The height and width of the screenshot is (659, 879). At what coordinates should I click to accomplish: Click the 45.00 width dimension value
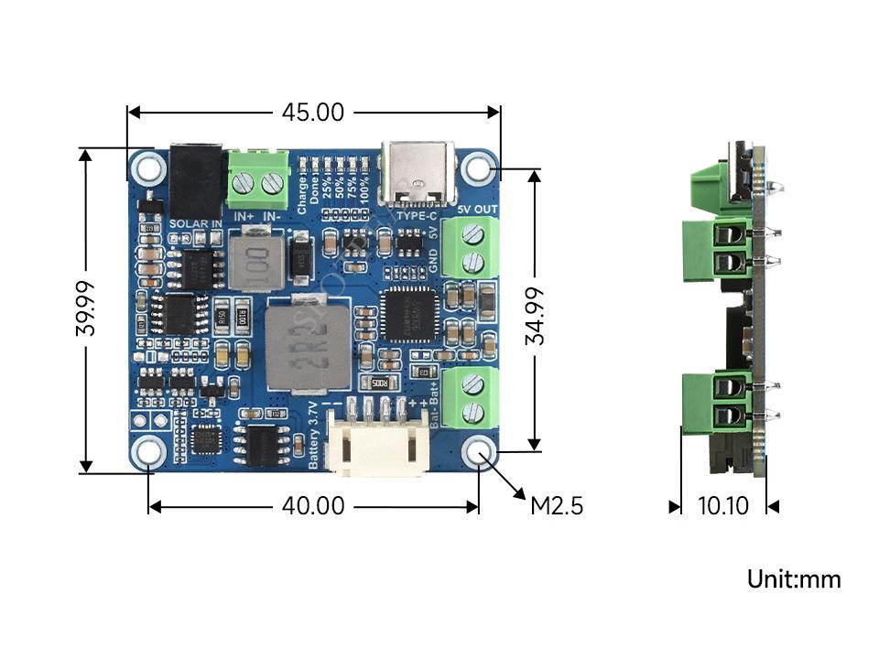pyautogui.click(x=312, y=113)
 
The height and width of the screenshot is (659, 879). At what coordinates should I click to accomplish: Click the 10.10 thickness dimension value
pyautogui.click(x=723, y=505)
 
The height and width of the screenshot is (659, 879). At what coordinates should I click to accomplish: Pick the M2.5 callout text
pyautogui.click(x=557, y=505)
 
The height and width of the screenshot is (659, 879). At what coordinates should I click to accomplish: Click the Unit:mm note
pyautogui.click(x=794, y=579)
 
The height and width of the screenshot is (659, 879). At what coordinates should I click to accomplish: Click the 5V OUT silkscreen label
pyautogui.click(x=476, y=210)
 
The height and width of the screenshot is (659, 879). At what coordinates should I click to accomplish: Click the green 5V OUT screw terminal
pyautogui.click(x=467, y=247)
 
